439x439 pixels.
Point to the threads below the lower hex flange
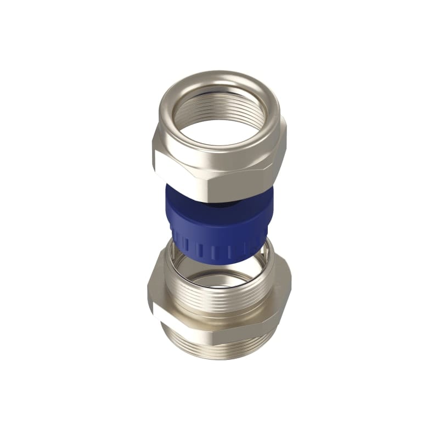[x=219, y=346]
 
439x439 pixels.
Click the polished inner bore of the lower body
[x=219, y=280]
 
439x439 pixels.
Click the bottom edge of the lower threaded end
[x=219, y=357]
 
